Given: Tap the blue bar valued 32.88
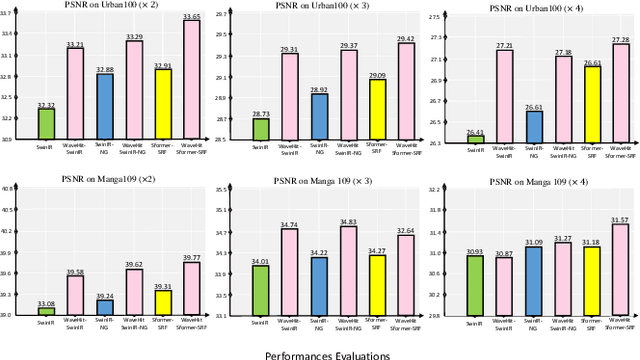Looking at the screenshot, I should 104,106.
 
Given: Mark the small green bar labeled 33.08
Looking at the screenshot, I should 46,312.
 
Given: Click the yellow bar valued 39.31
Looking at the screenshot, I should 162,302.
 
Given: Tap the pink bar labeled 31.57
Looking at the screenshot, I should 622,270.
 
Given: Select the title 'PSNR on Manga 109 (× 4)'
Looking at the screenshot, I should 535,180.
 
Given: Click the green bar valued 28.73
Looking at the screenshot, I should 260,129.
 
